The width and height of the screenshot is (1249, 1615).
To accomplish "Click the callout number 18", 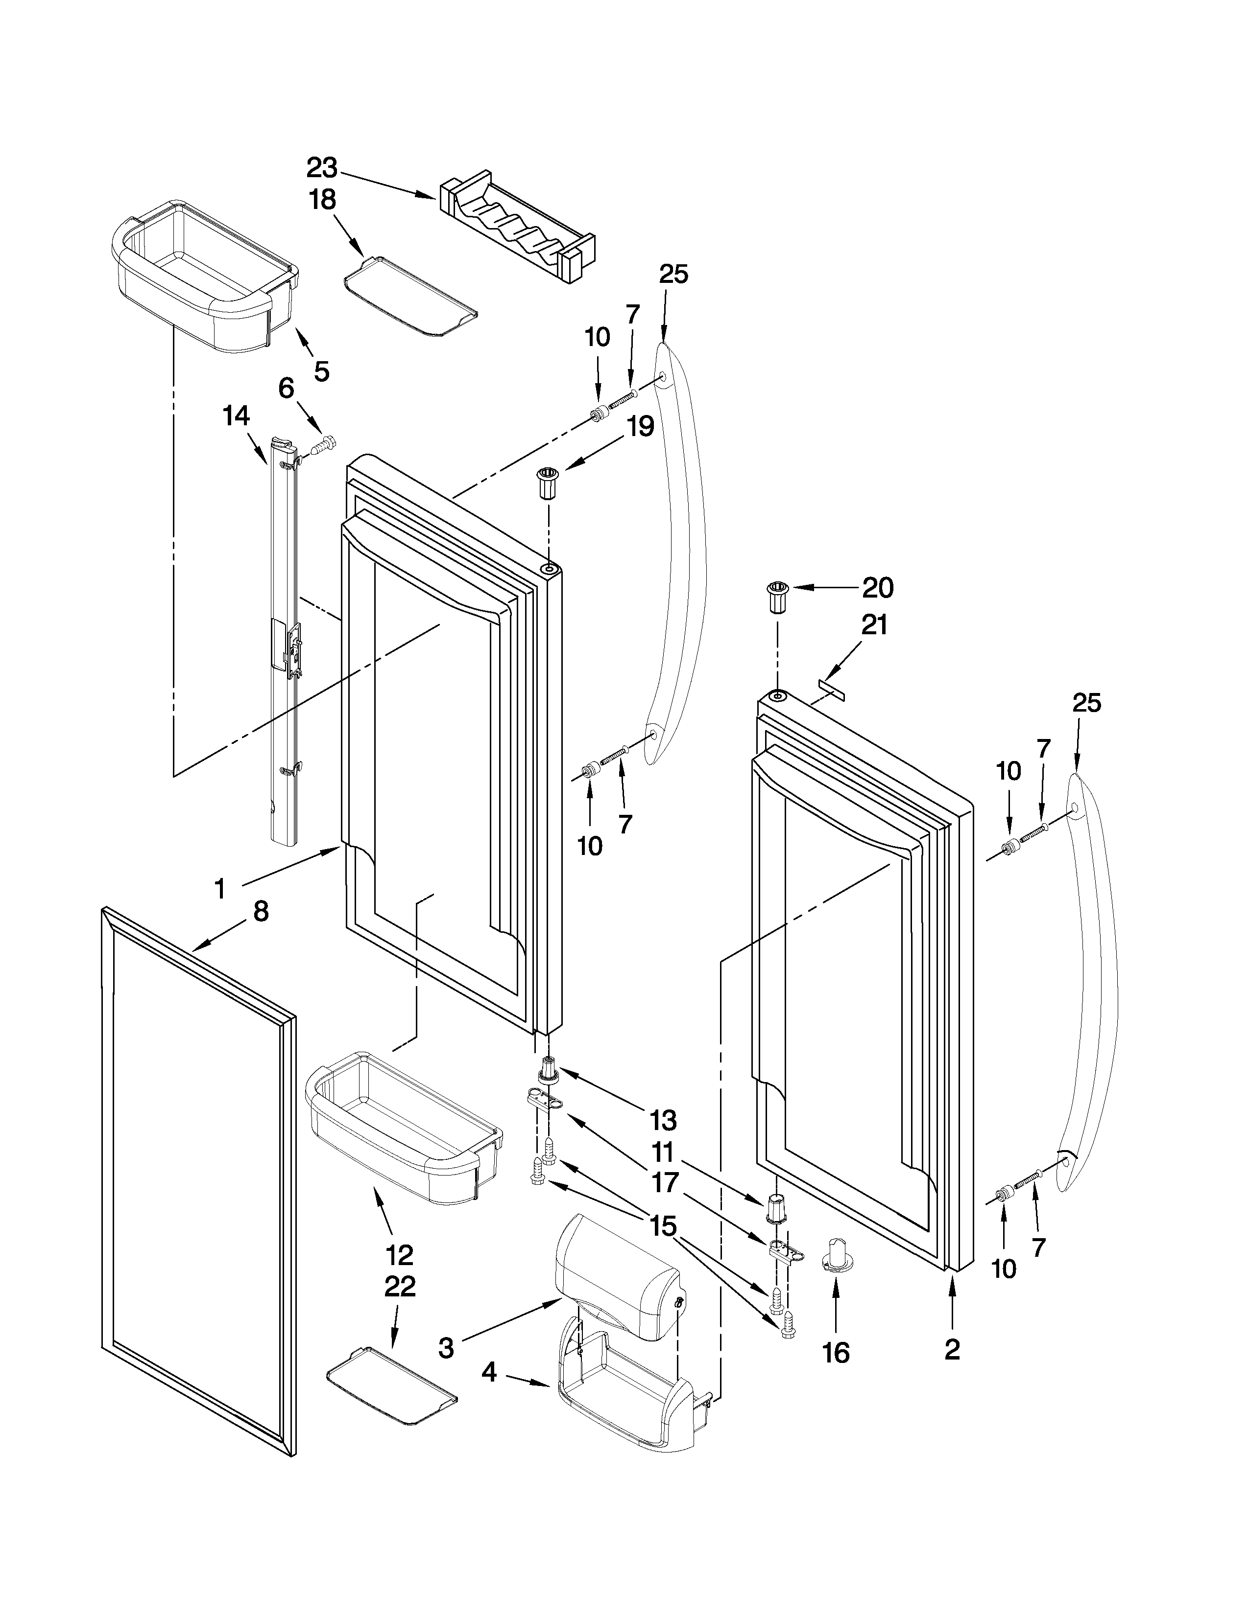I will pyautogui.click(x=323, y=200).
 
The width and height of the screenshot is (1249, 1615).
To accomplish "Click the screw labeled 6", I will pyautogui.click(x=323, y=446).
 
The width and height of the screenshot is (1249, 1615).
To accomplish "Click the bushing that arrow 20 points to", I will pyautogui.click(x=777, y=596).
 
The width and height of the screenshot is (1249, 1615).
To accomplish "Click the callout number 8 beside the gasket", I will pyautogui.click(x=261, y=912).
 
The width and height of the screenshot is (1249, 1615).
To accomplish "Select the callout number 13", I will pyautogui.click(x=663, y=1121).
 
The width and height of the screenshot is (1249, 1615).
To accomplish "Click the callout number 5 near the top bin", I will pyautogui.click(x=321, y=371).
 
